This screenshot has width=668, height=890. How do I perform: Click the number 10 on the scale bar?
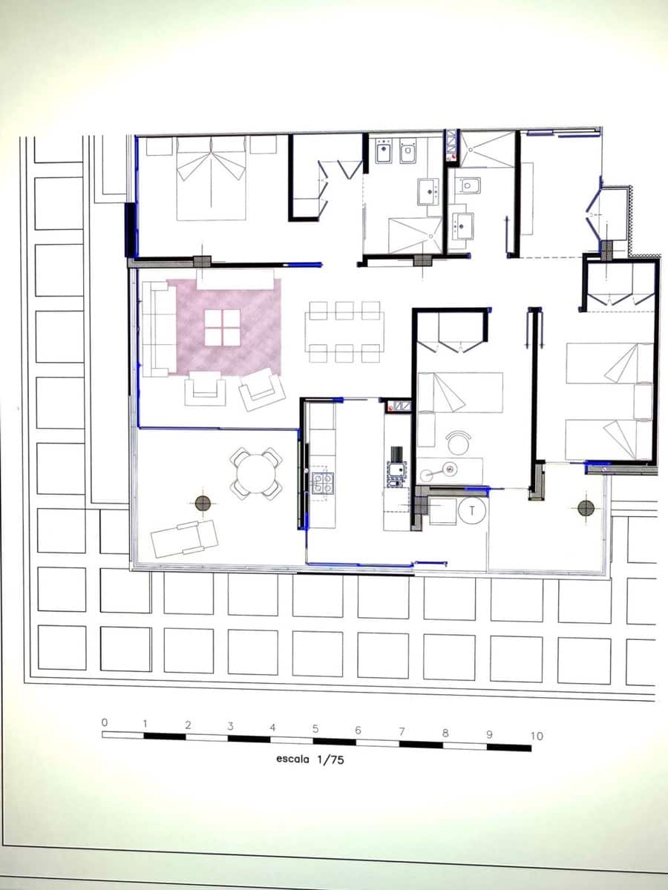point(537,736)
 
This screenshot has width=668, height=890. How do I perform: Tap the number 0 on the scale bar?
point(105,722)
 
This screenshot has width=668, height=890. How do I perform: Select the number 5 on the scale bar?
point(315,728)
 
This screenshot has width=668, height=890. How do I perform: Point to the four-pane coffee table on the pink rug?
point(222,327)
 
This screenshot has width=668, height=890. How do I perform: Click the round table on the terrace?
point(255,472)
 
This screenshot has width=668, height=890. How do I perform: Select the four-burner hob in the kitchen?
point(322,483)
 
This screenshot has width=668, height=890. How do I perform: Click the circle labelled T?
point(471,510)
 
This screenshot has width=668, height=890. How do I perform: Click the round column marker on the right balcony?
point(586,507)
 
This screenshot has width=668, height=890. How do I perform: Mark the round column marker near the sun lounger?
point(202,504)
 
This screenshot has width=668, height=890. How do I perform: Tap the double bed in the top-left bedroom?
point(212,179)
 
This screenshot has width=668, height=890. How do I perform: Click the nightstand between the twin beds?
point(643,400)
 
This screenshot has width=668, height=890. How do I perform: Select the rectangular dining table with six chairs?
point(344,332)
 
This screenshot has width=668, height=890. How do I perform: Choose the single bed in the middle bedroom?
point(460,392)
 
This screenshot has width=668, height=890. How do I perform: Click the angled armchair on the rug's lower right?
point(261,389)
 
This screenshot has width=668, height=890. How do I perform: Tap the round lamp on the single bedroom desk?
point(448,468)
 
